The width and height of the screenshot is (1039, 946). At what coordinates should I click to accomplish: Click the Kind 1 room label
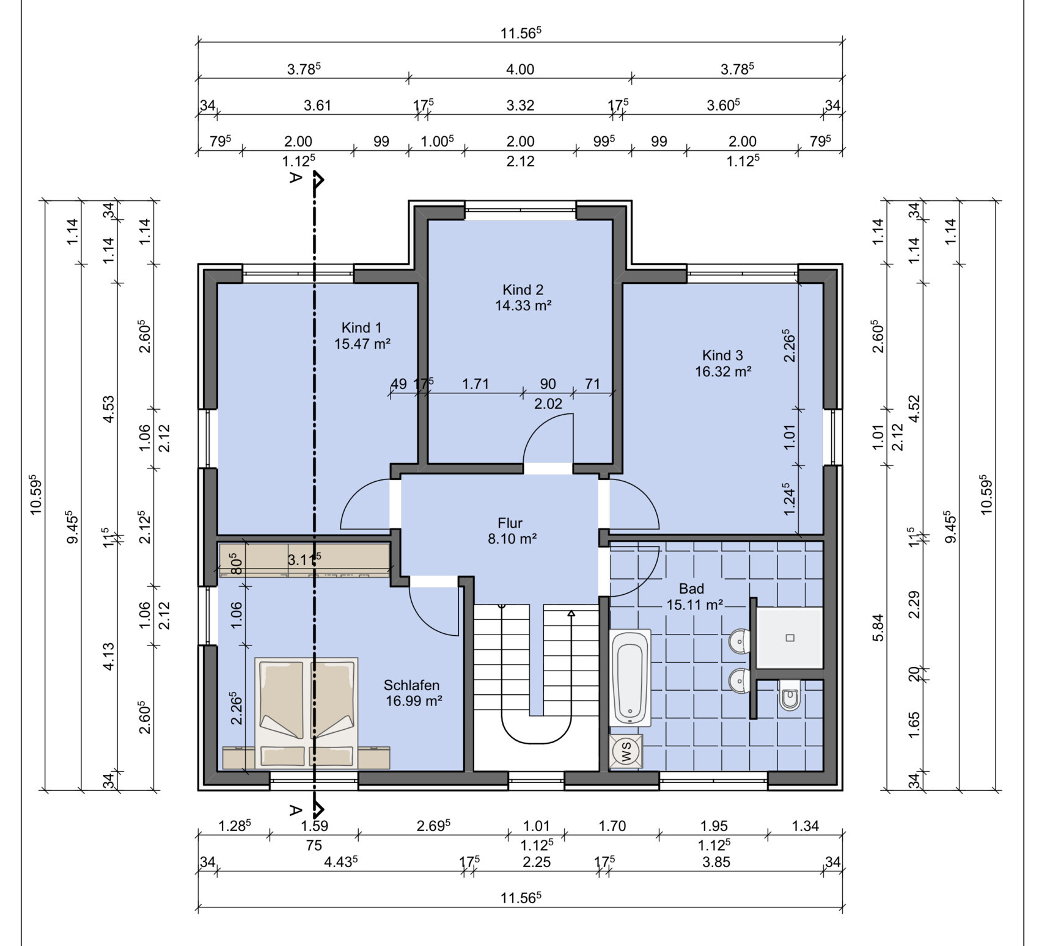362,328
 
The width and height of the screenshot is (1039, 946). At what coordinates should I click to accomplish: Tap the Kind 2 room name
523,290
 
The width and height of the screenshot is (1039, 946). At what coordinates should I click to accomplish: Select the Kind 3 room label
722,355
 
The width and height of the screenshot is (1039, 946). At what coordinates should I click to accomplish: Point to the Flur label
510,523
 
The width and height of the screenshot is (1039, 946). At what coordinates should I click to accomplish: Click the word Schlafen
412,685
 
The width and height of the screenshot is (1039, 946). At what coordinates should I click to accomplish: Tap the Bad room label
691,589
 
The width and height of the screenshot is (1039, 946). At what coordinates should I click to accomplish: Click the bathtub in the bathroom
630,677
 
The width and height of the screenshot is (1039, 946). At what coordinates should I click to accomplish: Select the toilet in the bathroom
790,696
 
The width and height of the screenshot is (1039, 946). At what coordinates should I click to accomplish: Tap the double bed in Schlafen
306,713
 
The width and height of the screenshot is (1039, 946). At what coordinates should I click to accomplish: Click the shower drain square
790,638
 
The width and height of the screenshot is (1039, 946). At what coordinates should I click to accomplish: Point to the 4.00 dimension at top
520,70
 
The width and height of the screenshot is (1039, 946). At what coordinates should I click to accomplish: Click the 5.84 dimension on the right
878,628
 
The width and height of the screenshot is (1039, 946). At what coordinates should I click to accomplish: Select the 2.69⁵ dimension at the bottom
433,826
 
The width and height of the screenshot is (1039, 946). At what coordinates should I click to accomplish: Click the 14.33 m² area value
523,306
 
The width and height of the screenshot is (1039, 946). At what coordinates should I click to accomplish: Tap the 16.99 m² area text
414,701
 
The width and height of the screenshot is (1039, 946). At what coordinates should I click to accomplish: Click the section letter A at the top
296,178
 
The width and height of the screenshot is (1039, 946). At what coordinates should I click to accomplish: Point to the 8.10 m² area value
512,539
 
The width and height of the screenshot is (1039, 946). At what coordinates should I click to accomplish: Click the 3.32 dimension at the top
520,106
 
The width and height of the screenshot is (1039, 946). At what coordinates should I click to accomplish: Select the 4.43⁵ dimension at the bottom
340,862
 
